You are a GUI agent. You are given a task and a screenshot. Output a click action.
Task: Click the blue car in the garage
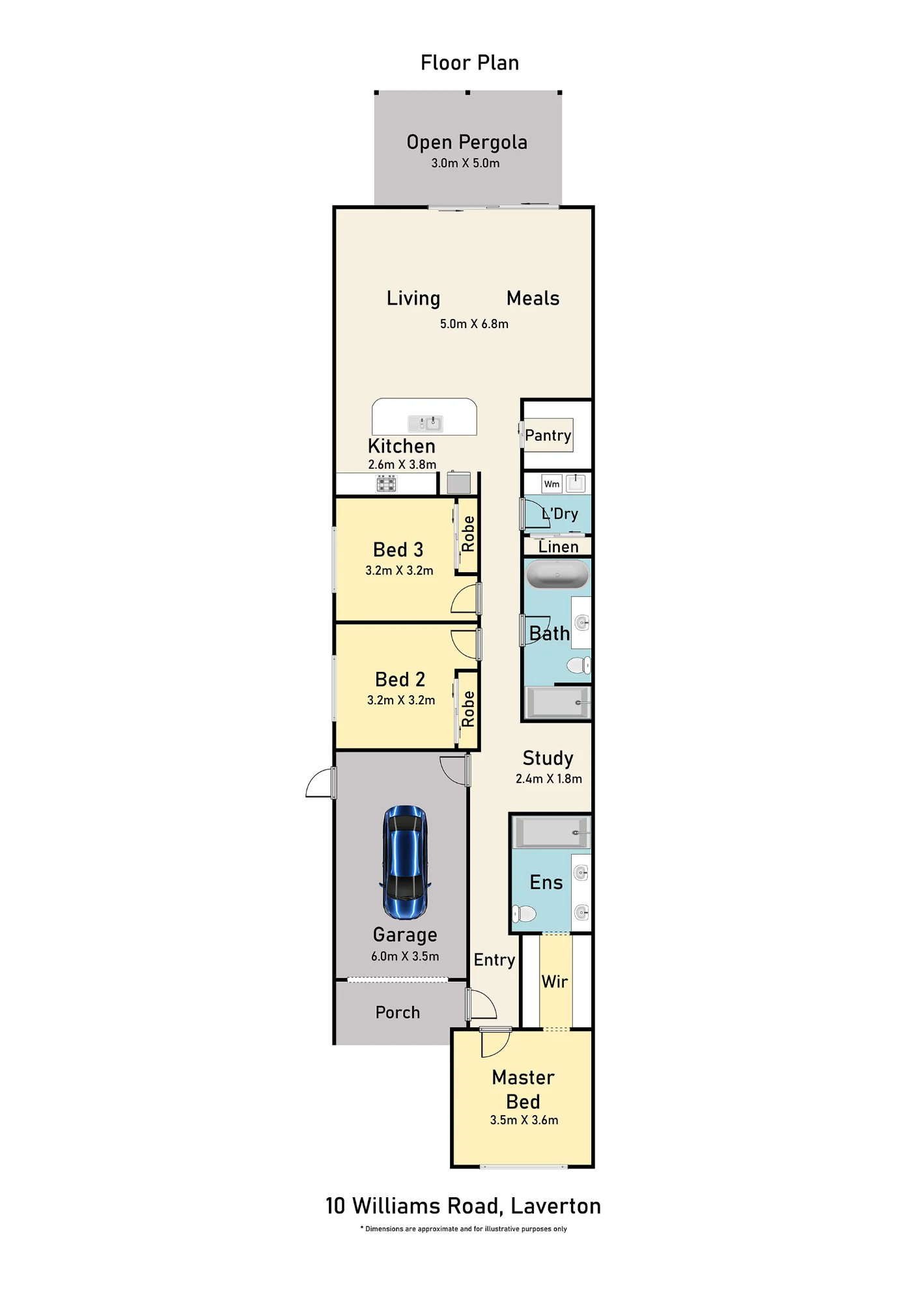coord(405,862)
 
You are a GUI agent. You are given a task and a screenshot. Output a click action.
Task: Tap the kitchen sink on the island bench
coord(425,424)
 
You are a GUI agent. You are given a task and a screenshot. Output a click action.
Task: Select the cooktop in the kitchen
coord(386,483)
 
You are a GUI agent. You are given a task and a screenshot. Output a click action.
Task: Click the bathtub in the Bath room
coord(557,575)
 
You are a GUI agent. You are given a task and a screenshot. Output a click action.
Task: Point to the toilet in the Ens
coord(524,914)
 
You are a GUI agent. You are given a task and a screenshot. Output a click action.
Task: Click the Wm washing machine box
coord(551,484)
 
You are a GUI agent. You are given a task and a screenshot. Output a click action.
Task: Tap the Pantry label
coord(548,436)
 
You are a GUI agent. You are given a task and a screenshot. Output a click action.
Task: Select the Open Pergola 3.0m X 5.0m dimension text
coord(466,163)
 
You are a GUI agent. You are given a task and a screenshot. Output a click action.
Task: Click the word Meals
coord(533,298)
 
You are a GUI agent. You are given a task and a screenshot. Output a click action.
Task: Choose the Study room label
coord(548,758)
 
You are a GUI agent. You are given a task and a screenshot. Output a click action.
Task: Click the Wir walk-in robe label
coord(555,982)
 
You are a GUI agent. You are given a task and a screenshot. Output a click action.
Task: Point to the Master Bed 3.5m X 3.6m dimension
coord(524,1120)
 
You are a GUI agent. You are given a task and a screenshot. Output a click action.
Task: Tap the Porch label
coord(398,1012)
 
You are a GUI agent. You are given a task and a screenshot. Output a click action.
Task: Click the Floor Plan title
coord(470,63)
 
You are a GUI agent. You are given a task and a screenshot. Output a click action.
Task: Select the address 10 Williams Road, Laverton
coord(463,1206)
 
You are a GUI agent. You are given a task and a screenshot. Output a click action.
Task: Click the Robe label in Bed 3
coord(468,534)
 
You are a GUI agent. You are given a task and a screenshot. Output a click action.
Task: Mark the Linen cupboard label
coord(559,547)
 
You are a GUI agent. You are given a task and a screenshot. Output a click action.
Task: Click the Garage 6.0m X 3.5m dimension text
coord(405,956)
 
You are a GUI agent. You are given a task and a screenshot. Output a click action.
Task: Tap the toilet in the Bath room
coord(579,665)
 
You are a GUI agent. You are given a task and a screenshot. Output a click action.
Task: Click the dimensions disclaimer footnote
coord(464,1229)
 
